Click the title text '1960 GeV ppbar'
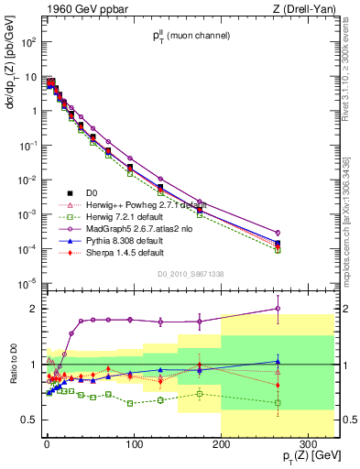click(x=77, y=10)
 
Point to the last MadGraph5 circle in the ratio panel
click(x=278, y=309)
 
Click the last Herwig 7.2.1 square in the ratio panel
click(x=278, y=402)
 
